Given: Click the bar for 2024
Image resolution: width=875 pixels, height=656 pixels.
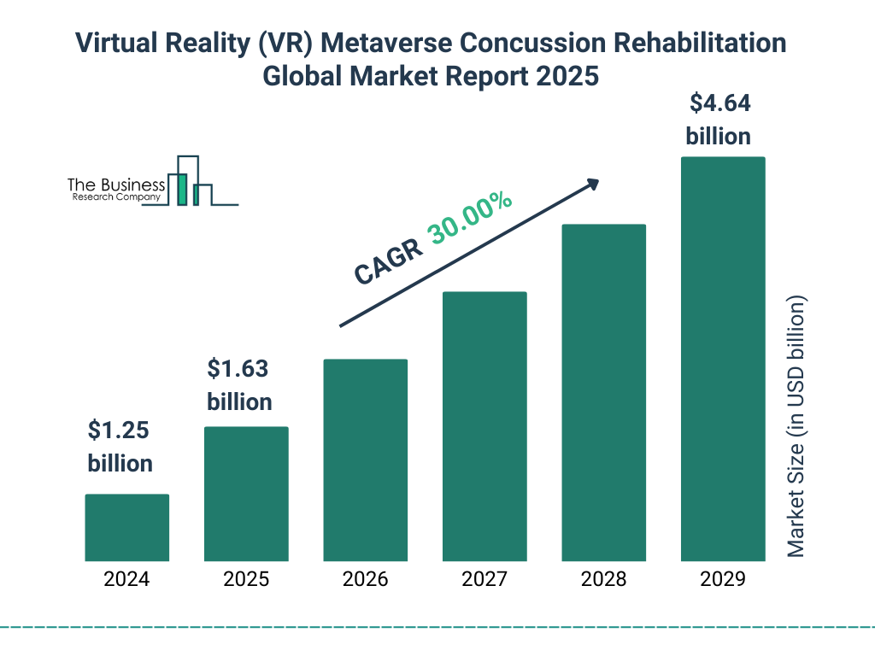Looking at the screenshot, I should [x=126, y=528].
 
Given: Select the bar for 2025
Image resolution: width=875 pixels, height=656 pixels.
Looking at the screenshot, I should [x=246, y=494].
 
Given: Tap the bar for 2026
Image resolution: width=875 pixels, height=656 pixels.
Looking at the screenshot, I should [x=365, y=460].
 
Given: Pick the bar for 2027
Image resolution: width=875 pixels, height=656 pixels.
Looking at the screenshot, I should [x=484, y=426].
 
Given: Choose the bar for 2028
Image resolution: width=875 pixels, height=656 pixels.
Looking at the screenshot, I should [x=603, y=393].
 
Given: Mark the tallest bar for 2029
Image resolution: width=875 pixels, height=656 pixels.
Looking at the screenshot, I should [x=723, y=359].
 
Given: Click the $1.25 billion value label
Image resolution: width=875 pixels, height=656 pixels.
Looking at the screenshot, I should [x=120, y=447].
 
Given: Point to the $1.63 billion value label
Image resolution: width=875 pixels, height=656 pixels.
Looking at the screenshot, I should [x=239, y=385].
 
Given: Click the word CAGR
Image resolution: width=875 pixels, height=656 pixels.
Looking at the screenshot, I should [x=387, y=261].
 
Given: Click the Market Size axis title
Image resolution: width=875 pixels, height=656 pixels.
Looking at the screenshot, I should [x=796, y=427].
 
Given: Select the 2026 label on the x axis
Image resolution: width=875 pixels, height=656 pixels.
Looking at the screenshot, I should [x=365, y=580].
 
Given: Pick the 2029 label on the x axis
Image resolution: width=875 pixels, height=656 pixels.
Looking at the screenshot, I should [x=723, y=580].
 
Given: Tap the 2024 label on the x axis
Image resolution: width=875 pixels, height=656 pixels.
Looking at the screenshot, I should [x=126, y=580].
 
